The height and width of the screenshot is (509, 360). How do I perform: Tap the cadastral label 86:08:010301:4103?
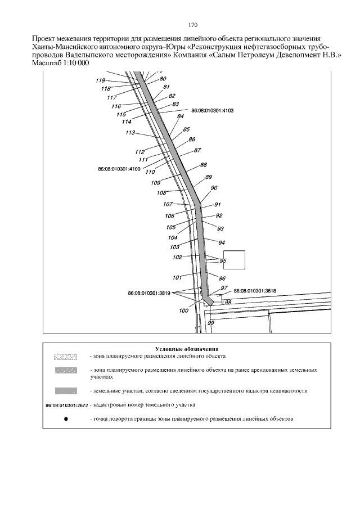click(213, 111)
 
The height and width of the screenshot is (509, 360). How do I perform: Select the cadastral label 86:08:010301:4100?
click(119, 168)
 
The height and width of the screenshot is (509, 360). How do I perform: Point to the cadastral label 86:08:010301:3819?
click(149, 293)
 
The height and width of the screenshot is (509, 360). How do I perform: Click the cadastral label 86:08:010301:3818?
click(255, 290)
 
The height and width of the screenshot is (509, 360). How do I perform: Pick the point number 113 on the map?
click(130, 133)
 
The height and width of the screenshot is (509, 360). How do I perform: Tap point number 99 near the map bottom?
click(211, 323)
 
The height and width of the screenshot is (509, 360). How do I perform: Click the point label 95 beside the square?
click(223, 260)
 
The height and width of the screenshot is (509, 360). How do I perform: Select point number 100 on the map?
click(183, 310)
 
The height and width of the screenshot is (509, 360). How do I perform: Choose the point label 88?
click(203, 165)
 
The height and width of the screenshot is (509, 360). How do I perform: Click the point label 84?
click(181, 116)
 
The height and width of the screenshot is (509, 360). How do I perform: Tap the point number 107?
click(168, 204)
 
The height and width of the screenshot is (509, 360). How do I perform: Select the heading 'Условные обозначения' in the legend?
click(186, 349)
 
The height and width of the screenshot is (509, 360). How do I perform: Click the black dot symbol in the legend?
click(66, 419)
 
